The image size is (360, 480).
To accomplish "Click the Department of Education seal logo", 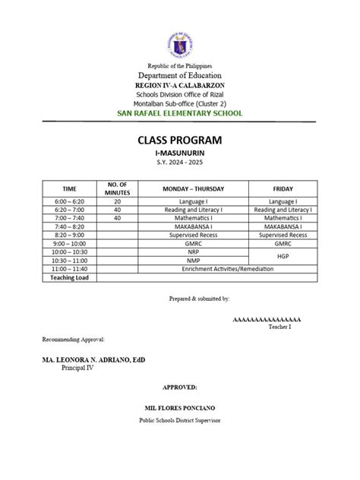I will [x=180, y=43].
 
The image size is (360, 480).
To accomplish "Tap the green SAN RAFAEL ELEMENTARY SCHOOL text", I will [x=180, y=113].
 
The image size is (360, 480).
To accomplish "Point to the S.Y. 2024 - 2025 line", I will [x=180, y=163].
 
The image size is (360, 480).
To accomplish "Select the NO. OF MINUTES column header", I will [x=117, y=189].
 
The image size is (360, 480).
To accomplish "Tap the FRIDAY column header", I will [x=283, y=189].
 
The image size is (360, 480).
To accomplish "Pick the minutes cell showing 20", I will [x=117, y=201].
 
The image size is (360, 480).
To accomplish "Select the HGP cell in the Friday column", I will [x=283, y=257].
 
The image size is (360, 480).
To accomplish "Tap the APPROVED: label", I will [x=179, y=387].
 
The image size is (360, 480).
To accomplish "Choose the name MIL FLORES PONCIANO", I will [x=180, y=408].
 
